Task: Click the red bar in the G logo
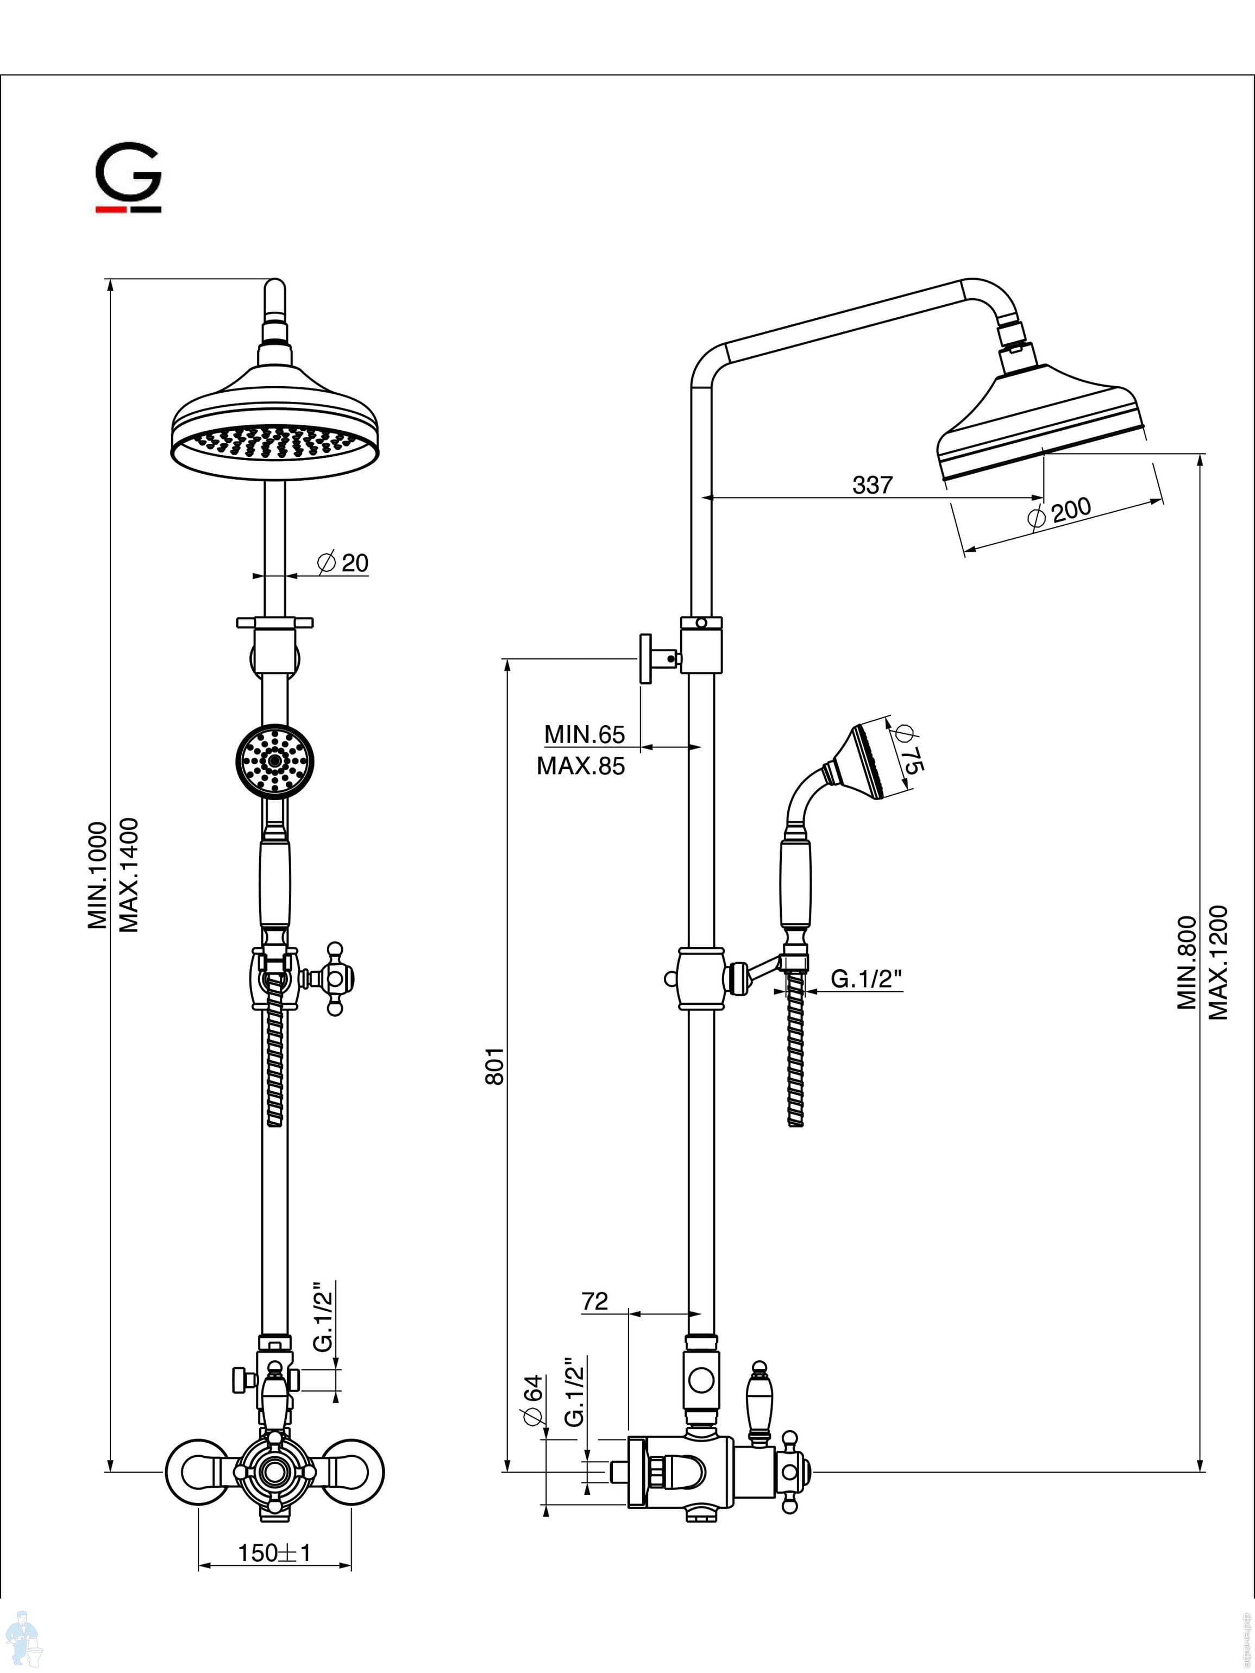click(110, 209)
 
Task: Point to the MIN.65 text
click(585, 734)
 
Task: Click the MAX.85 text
click(581, 766)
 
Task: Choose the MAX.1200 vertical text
click(1218, 962)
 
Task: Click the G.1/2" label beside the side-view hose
click(866, 979)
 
